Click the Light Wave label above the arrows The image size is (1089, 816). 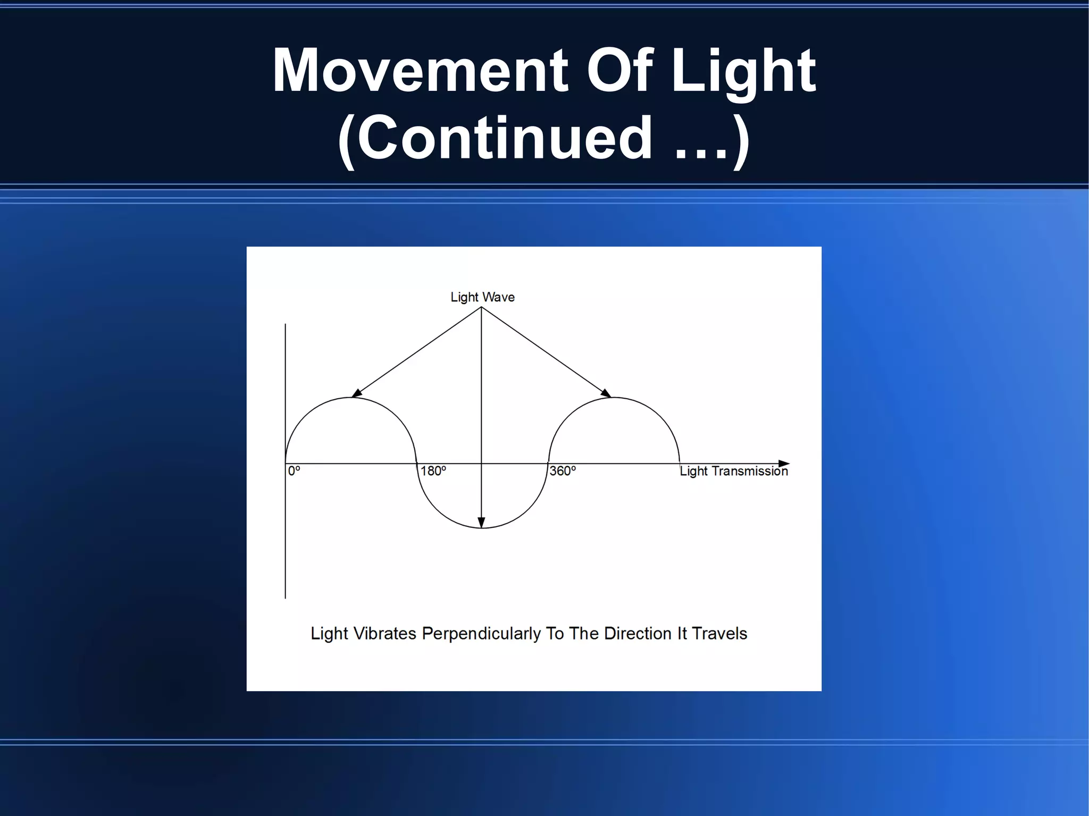pyautogui.click(x=482, y=297)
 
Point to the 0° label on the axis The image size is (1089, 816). pyautogui.click(x=294, y=472)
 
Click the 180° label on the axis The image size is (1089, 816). pyautogui.click(x=433, y=472)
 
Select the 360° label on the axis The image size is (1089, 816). pyautogui.click(x=562, y=472)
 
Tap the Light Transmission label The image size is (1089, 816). pyautogui.click(x=733, y=472)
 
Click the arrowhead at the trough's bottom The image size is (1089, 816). pyautogui.click(x=481, y=523)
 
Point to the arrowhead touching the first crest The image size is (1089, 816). pyautogui.click(x=356, y=393)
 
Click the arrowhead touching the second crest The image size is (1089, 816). pyautogui.click(x=607, y=393)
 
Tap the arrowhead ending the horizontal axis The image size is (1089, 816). pyautogui.click(x=784, y=464)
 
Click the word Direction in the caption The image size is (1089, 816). pyautogui.click(x=638, y=634)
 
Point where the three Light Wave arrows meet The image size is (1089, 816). pyautogui.click(x=481, y=307)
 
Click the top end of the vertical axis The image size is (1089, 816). pyautogui.click(x=286, y=324)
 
